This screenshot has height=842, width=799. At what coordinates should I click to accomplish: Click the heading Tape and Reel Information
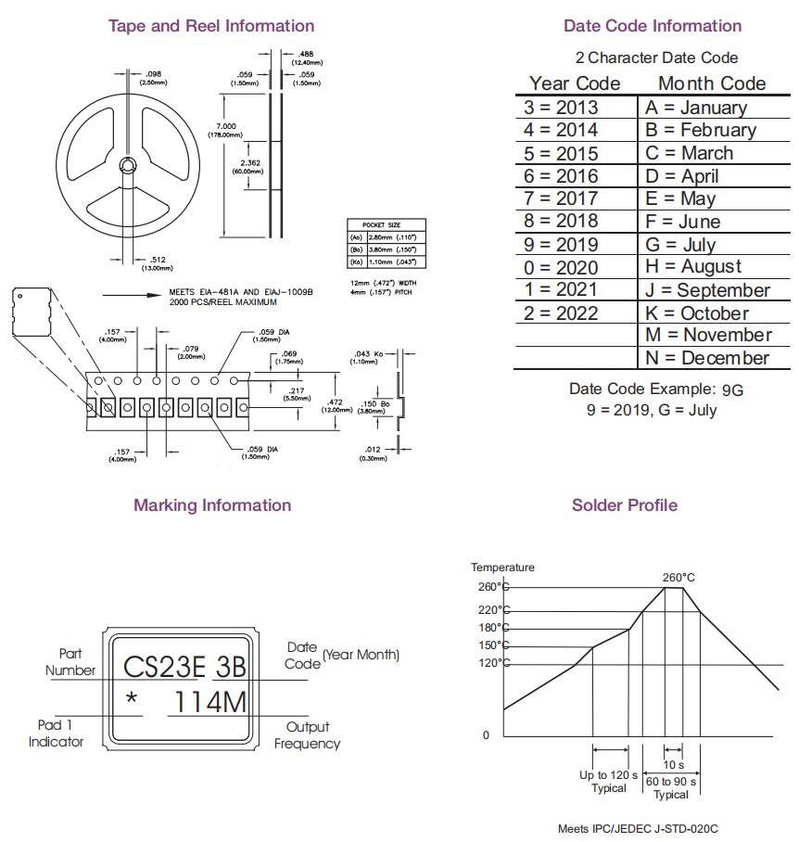211,26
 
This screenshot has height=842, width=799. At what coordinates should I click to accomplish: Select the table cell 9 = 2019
561,245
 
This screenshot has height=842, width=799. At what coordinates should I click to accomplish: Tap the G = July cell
680,245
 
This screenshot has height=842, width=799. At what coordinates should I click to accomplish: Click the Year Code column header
575,83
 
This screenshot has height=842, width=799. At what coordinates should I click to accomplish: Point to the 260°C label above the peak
679,577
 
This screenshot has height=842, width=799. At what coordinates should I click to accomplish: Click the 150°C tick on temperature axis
493,645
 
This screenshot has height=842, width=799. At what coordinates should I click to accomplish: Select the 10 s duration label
674,765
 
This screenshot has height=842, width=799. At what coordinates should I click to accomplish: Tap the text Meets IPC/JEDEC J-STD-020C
638,828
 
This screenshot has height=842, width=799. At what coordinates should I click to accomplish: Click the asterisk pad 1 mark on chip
132,701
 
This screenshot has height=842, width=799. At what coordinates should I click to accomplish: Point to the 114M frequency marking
210,703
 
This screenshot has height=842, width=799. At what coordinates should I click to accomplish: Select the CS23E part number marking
163,667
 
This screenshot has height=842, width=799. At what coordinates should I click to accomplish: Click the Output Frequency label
307,735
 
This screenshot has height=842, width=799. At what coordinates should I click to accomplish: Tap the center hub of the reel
126,166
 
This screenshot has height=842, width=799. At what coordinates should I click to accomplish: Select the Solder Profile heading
624,505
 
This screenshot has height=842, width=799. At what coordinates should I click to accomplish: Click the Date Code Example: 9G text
656,389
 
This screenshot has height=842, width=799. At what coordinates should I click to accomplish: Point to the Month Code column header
712,83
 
